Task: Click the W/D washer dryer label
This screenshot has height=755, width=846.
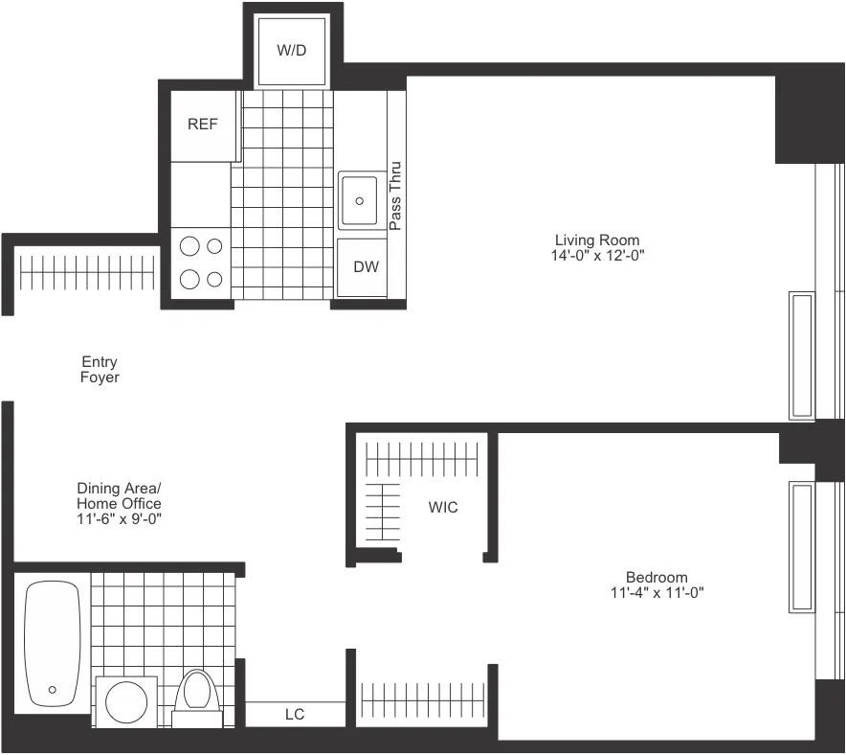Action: pos(292,49)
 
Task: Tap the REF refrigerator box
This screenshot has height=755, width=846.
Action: pos(202,125)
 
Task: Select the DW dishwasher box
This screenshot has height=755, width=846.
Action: pos(366,267)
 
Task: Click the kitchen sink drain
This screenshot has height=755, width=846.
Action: pos(361,201)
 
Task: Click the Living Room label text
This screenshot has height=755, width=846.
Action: pos(597,240)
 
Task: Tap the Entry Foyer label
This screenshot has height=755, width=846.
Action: pos(100,370)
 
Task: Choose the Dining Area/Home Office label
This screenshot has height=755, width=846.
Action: pos(119,496)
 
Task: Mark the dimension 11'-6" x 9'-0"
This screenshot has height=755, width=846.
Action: pos(119,519)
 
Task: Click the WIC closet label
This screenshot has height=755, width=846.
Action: pos(443,507)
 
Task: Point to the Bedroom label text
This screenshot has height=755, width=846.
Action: pos(657,577)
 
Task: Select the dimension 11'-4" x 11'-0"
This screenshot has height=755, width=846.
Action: pos(657,592)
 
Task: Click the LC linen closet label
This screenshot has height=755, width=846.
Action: pos(295,715)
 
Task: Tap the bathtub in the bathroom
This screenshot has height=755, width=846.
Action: pos(52,642)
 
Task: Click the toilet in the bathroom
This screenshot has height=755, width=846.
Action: pos(198,696)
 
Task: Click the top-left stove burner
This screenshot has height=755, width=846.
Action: pos(190,246)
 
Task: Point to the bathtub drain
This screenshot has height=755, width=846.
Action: pos(52,689)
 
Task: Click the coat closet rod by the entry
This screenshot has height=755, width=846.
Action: pos(87,272)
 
